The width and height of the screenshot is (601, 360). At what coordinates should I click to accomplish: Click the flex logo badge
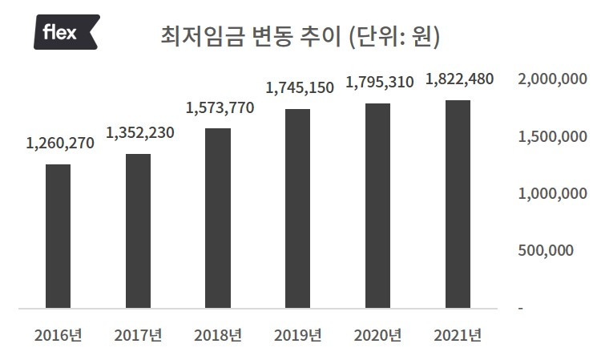(67, 32)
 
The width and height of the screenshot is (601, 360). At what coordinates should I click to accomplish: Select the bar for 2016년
(58, 237)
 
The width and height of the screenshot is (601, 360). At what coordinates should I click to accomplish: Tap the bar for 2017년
(138, 231)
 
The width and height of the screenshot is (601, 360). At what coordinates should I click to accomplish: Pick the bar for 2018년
(218, 218)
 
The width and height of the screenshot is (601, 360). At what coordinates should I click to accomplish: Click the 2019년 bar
(298, 208)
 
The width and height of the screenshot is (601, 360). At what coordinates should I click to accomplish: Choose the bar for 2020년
(378, 206)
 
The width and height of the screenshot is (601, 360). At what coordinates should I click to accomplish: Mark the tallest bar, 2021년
(458, 204)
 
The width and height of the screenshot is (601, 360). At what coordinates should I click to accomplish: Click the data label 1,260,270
(60, 144)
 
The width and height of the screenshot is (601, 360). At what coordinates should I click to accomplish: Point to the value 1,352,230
(140, 133)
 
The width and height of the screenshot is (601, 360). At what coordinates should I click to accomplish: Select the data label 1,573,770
(220, 108)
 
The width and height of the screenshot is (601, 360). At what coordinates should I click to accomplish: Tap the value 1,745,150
(300, 88)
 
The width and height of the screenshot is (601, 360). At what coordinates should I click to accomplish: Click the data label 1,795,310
(380, 83)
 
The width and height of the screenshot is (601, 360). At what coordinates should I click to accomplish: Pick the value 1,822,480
(460, 79)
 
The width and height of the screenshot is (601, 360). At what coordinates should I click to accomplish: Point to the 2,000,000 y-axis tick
(552, 79)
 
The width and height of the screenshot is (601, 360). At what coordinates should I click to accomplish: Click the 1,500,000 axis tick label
(552, 136)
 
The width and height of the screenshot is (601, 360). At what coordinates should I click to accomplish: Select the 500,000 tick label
(546, 250)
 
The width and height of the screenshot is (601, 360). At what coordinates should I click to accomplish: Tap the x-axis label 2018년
(218, 335)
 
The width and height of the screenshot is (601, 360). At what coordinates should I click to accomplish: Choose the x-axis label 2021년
(458, 335)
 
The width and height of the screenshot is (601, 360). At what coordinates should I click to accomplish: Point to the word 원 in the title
(422, 37)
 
